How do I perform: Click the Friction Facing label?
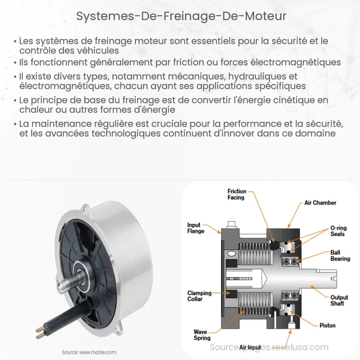point(237,194)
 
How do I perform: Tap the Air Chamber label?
point(320,203)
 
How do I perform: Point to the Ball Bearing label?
point(340,256)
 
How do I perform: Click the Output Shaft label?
point(339,300)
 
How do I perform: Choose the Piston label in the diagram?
point(327,325)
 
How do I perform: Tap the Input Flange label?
point(196,228)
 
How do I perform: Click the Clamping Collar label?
point(199,296)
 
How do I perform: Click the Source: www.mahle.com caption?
point(89,352)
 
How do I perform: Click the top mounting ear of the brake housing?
point(86,208)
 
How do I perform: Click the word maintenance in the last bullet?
point(62,124)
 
